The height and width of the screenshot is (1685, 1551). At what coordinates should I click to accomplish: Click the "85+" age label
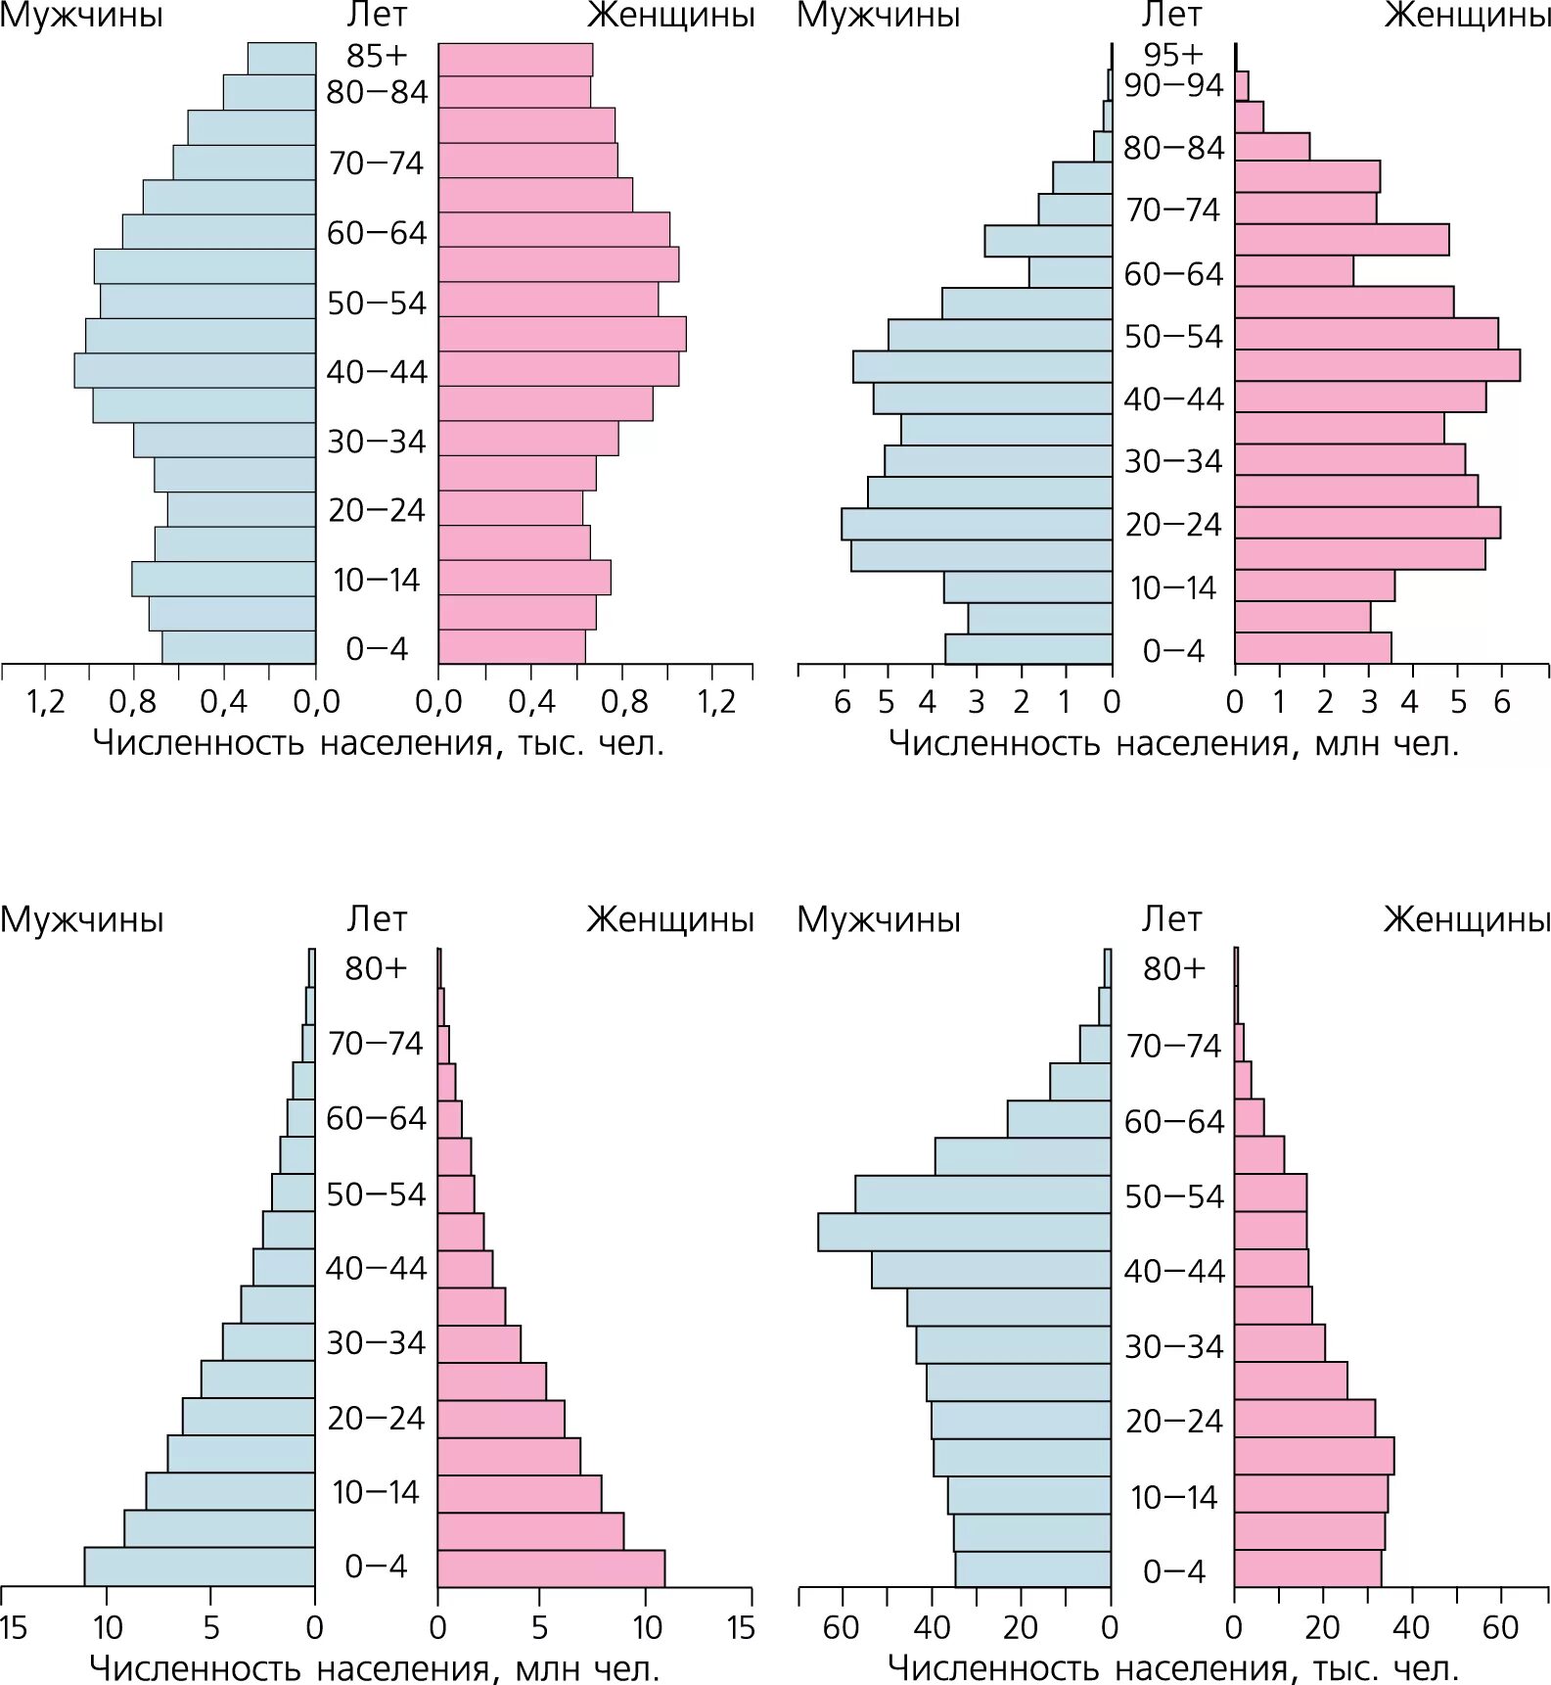[377, 56]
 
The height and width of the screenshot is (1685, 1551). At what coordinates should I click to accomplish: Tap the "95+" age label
[1173, 55]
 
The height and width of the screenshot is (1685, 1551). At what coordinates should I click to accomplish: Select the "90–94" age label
[1173, 86]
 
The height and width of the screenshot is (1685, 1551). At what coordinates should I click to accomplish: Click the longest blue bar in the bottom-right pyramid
[964, 1232]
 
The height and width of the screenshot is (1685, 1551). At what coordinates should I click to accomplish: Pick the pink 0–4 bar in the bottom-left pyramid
[551, 1568]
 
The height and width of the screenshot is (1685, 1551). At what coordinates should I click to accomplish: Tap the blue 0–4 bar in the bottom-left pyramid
[200, 1567]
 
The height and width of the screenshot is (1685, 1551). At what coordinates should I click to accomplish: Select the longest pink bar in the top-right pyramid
[1377, 365]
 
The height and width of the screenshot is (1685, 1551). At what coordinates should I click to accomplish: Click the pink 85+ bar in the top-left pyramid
[515, 60]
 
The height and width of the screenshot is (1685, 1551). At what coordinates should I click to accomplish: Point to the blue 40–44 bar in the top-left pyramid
[195, 370]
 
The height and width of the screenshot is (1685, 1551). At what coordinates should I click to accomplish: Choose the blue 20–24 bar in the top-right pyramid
[977, 524]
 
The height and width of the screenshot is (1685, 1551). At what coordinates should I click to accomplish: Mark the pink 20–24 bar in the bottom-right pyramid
[1304, 1418]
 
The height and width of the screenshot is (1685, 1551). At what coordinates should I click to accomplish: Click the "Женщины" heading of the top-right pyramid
[1467, 16]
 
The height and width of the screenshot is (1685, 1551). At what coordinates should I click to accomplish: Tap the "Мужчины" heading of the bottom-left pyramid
[82, 919]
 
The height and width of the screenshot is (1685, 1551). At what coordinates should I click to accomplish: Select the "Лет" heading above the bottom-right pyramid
[1171, 919]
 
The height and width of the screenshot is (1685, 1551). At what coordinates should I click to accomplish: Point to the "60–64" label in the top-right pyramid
[1173, 274]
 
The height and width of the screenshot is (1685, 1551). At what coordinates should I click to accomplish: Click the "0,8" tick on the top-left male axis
[132, 701]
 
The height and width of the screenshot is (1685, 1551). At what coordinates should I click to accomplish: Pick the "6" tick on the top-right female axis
[1502, 701]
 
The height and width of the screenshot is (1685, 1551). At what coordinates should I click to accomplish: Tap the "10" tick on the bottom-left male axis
[107, 1628]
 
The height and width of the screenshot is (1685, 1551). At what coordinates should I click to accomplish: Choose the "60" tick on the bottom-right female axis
[1499, 1628]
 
